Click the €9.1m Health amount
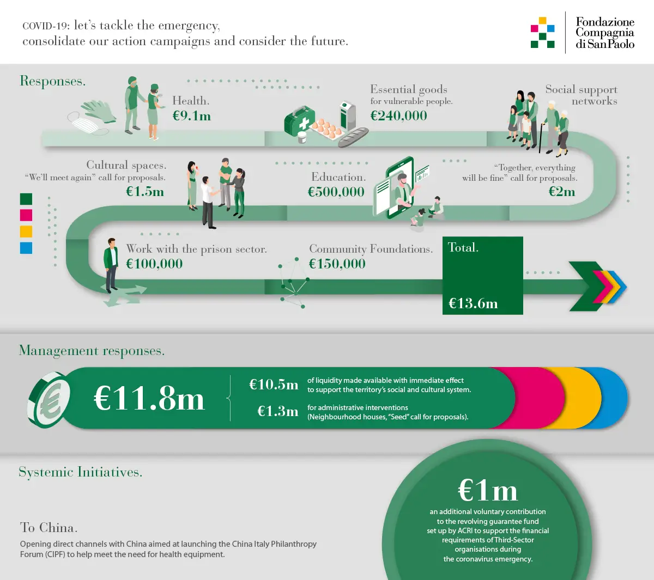[x=192, y=116]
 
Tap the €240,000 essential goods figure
[x=398, y=115]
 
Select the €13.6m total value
[x=473, y=303]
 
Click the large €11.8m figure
[x=149, y=399]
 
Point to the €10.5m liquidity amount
[x=274, y=384]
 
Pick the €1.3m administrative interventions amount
[x=277, y=411]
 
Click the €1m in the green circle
[x=487, y=491]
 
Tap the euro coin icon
[x=49, y=400]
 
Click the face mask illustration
[x=87, y=123]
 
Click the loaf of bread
[x=353, y=137]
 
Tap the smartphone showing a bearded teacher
[x=400, y=187]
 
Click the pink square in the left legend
[x=26, y=215]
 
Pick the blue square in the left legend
[x=26, y=248]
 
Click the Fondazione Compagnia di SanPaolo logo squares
[x=543, y=32]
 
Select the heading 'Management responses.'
[x=92, y=351]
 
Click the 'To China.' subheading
[x=49, y=528]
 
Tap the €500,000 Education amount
[x=336, y=192]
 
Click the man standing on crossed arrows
[x=111, y=265]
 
